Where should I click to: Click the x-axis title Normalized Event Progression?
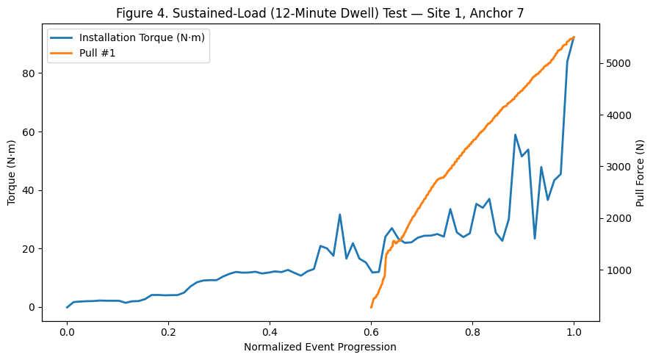(320, 347)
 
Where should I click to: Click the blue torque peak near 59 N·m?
(515, 134)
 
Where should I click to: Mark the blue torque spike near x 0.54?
(339, 215)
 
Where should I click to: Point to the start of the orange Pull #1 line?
(371, 307)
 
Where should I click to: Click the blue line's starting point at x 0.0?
(67, 307)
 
